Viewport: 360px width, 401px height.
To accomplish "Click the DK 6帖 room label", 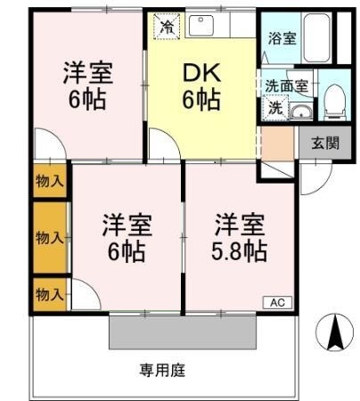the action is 201,86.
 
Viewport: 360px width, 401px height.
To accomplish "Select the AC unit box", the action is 277,303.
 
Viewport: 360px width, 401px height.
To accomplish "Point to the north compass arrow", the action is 336,332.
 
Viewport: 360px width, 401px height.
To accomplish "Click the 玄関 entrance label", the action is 325,143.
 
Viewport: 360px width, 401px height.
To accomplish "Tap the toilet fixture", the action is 335,102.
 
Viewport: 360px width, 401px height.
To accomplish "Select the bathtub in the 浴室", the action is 316,37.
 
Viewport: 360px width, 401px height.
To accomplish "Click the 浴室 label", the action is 282,38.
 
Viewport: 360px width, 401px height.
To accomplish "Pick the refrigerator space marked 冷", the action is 167,26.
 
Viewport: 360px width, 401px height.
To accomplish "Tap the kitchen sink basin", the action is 201,25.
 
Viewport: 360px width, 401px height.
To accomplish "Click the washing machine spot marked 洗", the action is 275,108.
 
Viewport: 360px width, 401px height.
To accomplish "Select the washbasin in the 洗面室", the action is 301,112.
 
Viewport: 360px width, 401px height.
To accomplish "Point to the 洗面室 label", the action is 287,86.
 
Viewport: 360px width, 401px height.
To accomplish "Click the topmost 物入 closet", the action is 50,181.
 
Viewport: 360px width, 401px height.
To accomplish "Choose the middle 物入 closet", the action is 50,238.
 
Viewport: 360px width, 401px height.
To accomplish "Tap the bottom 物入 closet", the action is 50,295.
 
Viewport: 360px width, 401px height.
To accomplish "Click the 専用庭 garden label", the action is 162,371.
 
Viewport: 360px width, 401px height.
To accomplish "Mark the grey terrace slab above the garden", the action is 183,332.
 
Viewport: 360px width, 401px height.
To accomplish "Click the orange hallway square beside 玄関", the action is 277,143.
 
